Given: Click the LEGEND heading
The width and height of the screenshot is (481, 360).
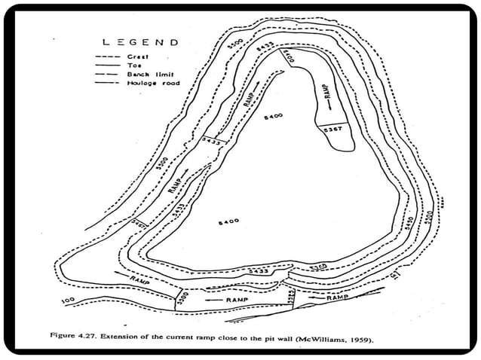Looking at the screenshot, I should coord(141,42).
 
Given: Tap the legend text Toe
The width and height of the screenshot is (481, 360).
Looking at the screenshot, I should coord(136,65).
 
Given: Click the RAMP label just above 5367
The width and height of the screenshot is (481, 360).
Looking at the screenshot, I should coord(329,93).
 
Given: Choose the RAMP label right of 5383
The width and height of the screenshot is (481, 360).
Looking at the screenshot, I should coord(336,298).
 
